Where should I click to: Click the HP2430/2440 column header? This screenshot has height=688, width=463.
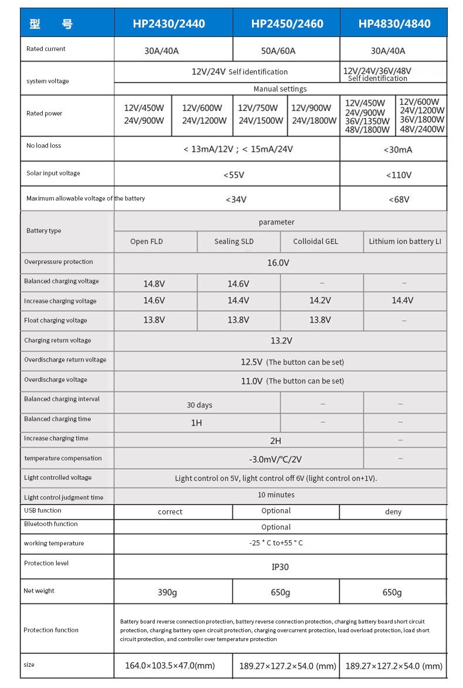(169, 24)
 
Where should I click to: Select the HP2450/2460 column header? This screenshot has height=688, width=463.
(287, 24)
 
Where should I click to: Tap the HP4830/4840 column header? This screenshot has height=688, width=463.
(394, 24)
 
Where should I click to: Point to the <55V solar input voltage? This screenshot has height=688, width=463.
(234, 175)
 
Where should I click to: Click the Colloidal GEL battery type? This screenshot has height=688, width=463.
(316, 242)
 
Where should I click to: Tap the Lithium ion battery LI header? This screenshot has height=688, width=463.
(405, 242)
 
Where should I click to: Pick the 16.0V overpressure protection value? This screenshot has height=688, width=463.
(278, 263)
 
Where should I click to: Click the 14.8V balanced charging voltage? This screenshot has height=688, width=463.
(154, 284)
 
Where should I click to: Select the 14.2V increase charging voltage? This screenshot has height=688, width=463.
(321, 301)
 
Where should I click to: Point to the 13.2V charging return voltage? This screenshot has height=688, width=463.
(281, 341)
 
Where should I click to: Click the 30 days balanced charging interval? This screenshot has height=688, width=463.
(199, 405)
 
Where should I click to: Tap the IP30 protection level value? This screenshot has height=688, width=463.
(280, 567)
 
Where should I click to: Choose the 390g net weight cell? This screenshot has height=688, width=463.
(167, 592)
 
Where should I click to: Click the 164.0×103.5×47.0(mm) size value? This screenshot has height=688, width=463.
(170, 666)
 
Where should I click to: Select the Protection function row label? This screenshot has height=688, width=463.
(51, 630)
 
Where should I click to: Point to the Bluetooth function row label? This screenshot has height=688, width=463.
(51, 524)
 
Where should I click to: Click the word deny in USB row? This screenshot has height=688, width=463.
(393, 512)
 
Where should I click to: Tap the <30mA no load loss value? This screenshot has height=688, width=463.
(398, 150)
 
